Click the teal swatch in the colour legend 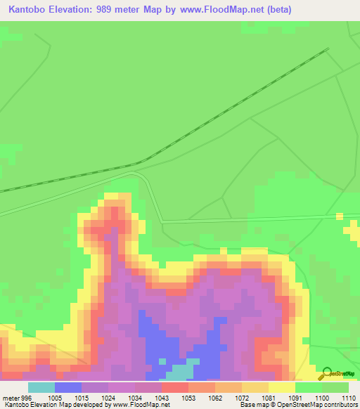pos(41,387)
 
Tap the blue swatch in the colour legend pos(67,387)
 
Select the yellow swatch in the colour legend pos(281,387)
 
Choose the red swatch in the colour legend pos(174,387)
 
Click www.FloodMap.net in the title pos(215,10)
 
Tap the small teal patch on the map pos(181,370)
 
